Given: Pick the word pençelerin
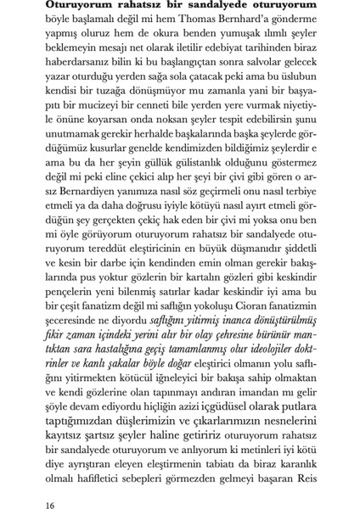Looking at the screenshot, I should click(79, 299).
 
